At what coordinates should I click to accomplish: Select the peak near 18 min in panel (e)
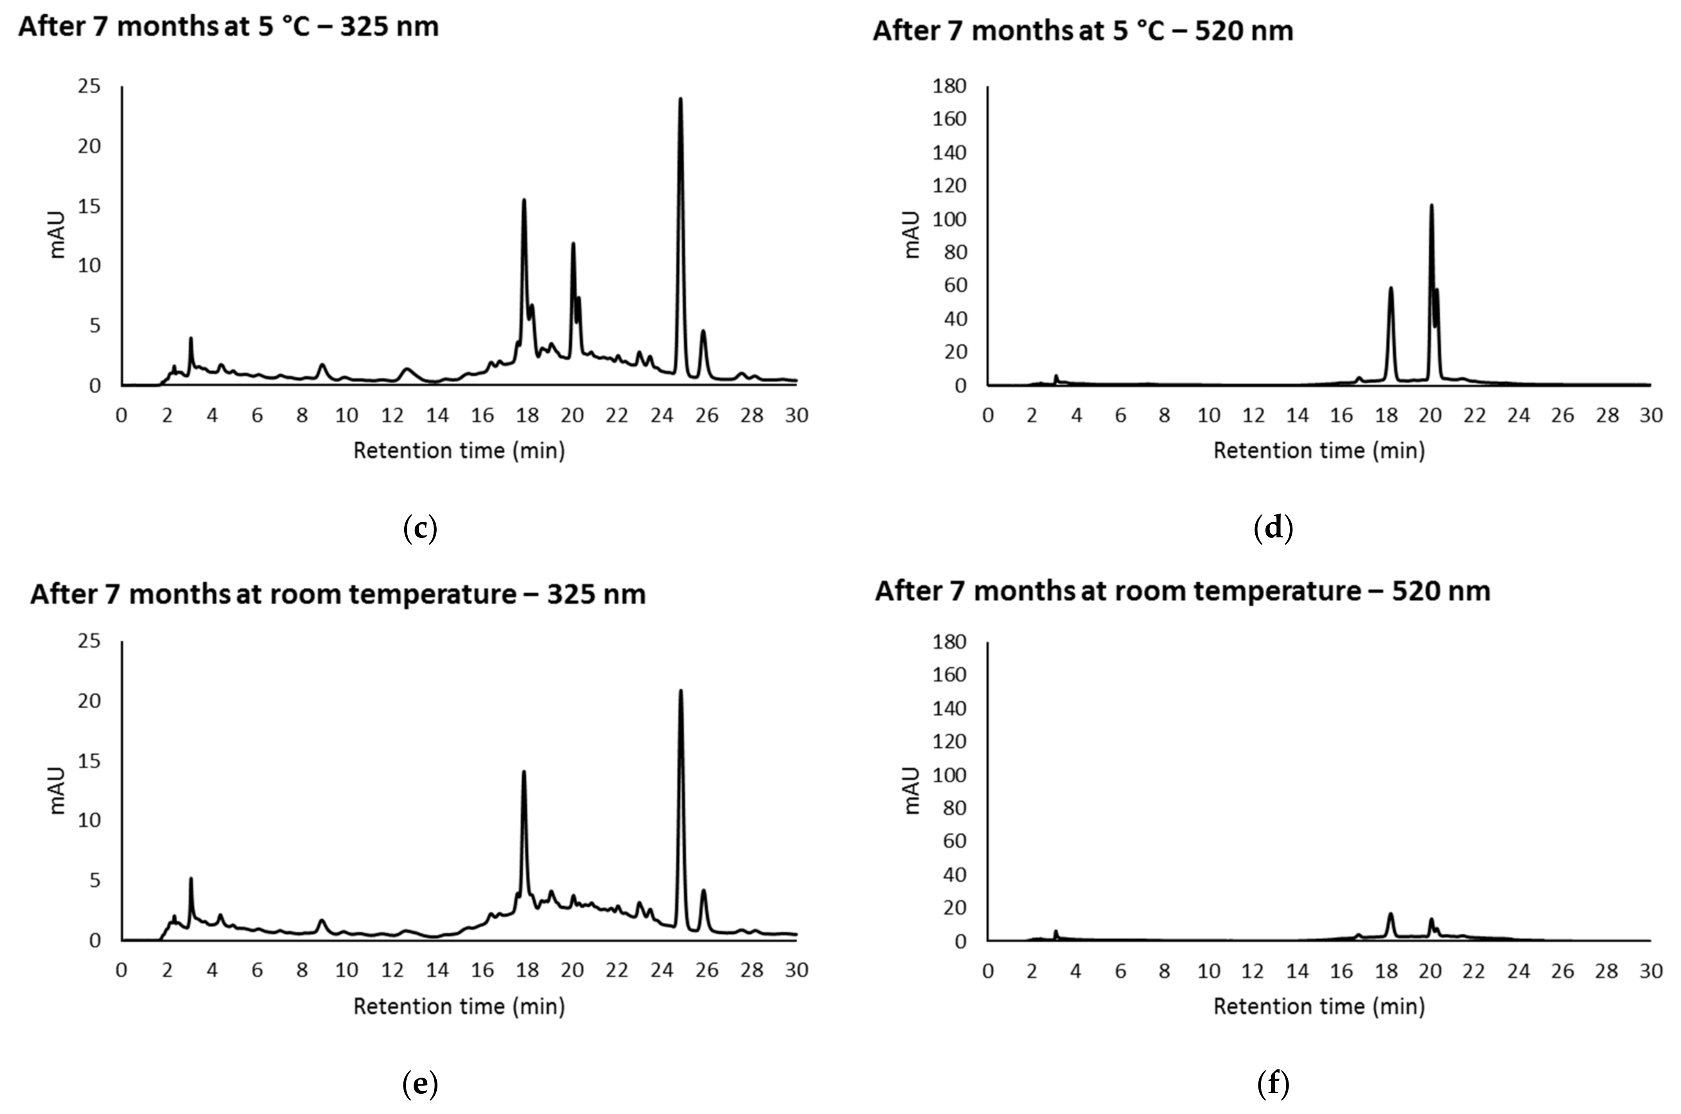click(524, 773)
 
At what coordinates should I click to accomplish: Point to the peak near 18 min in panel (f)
click(1390, 915)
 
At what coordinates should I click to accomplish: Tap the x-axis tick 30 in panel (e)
click(796, 970)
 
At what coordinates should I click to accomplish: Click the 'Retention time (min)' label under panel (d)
click(1319, 451)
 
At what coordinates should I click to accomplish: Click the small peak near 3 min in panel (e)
click(191, 880)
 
